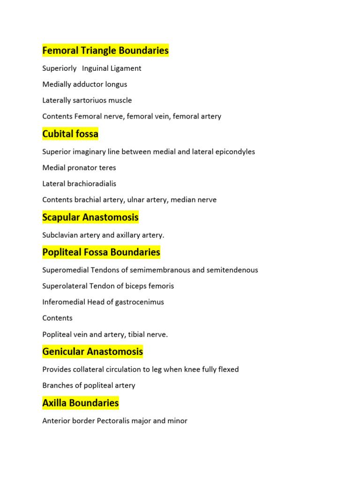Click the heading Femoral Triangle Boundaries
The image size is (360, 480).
tap(105, 51)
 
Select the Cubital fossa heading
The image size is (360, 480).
tap(70, 134)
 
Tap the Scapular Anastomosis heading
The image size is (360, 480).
tap(90, 217)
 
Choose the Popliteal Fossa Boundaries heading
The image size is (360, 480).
tap(101, 252)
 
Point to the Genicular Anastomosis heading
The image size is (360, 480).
tap(92, 352)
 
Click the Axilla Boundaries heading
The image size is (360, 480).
tap(80, 403)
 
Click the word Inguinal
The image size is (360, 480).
tap(95, 68)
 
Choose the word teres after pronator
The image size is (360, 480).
tap(107, 168)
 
